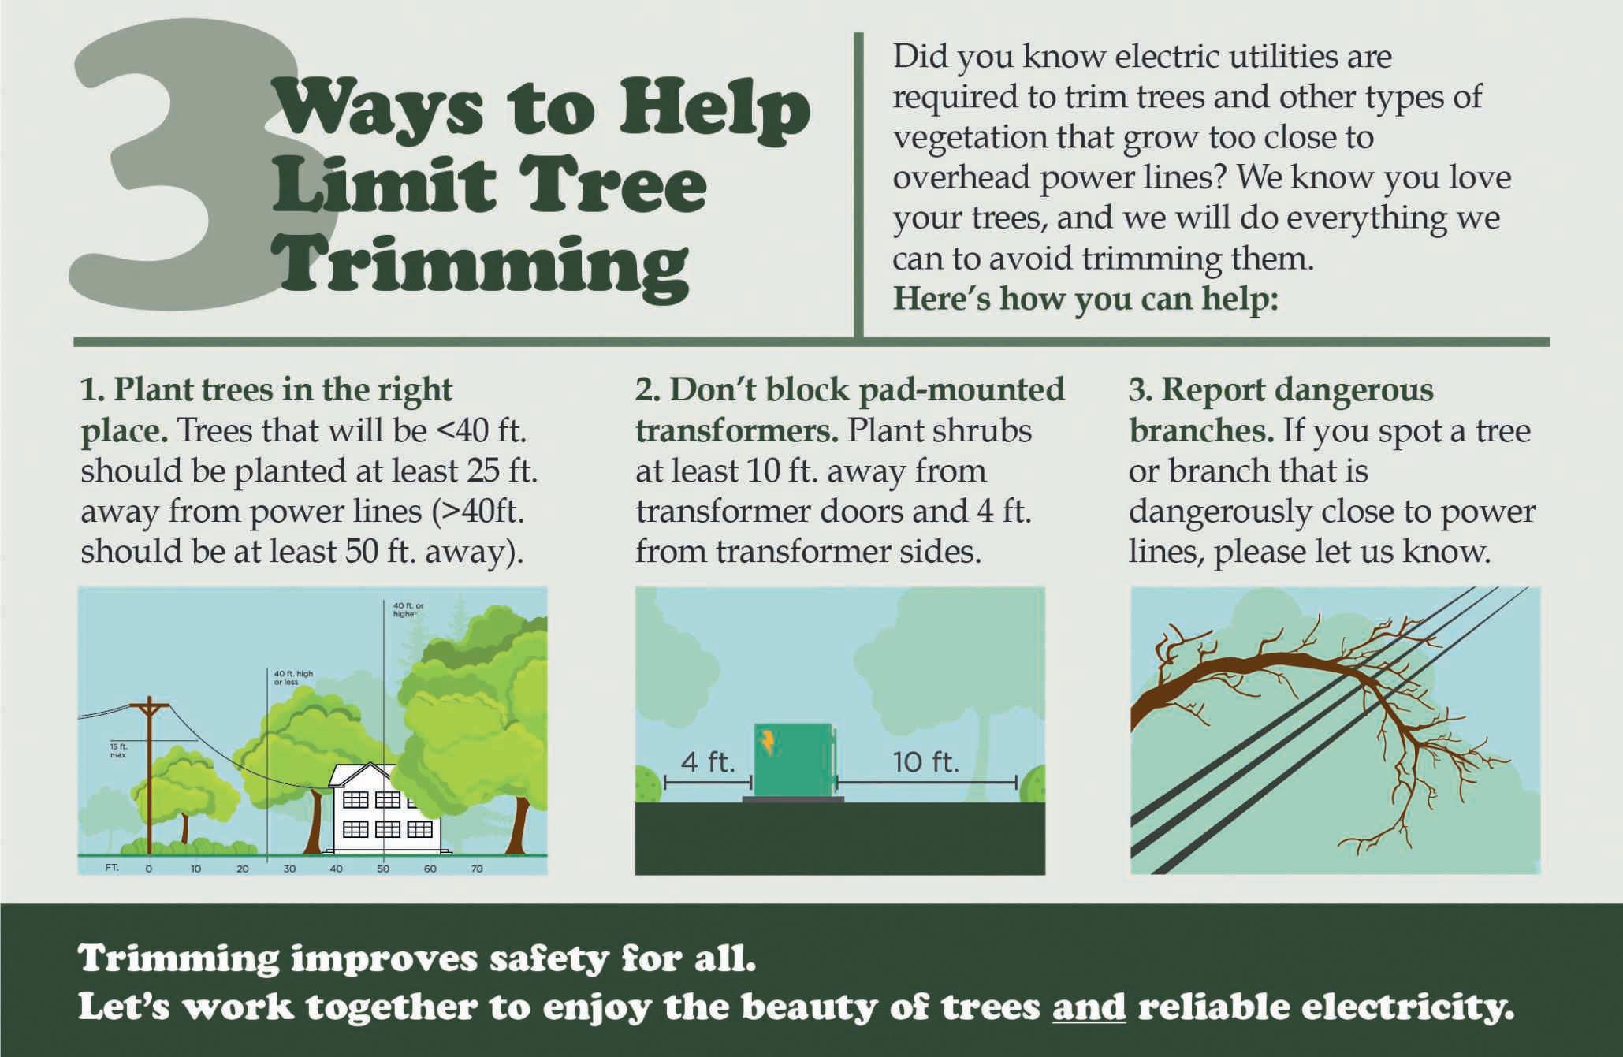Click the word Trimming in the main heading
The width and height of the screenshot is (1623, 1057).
[x=480, y=267]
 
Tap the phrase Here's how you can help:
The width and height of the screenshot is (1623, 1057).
[x=1085, y=300]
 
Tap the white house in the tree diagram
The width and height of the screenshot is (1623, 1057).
[x=385, y=809]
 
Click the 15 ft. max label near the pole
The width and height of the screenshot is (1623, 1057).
[x=118, y=750]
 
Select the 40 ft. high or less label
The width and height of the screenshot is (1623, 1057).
[x=293, y=678]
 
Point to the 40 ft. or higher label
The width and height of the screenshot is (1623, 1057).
[x=408, y=609]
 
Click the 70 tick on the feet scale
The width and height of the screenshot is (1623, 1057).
[x=477, y=869]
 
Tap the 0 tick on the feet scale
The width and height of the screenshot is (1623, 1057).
[x=149, y=869]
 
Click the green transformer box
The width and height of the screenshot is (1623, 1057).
[x=794, y=760]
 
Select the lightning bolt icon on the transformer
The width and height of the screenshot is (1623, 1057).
[x=767, y=741]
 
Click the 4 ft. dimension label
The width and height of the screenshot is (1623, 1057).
[x=707, y=762]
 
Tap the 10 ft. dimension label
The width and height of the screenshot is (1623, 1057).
[x=925, y=762]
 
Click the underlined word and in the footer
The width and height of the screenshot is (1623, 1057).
[x=1089, y=1007]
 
